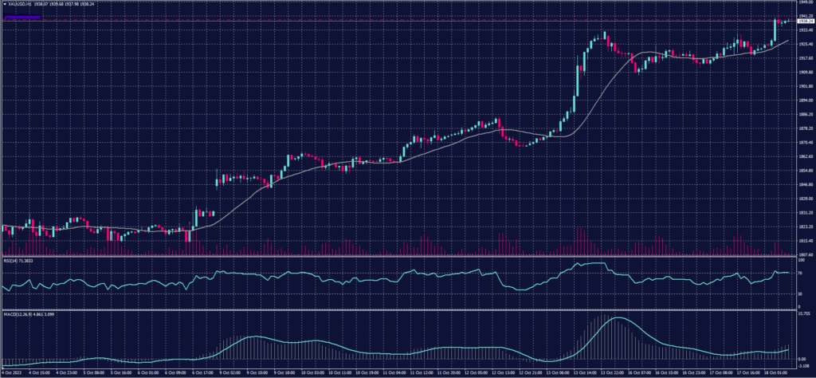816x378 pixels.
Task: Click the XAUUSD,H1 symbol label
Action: [18, 4]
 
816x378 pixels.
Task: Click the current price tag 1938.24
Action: [805, 21]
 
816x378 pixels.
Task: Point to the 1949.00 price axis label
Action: [805, 3]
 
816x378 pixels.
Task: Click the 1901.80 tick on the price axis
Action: [805, 86]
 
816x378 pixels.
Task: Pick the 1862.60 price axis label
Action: [805, 156]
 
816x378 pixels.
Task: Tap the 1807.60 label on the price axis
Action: [805, 254]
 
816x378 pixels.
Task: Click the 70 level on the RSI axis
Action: [800, 273]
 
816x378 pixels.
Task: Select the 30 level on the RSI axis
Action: [800, 293]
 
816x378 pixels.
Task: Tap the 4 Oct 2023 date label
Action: [11, 372]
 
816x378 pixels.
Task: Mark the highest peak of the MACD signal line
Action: [616, 318]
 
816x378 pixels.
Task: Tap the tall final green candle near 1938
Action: [775, 30]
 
